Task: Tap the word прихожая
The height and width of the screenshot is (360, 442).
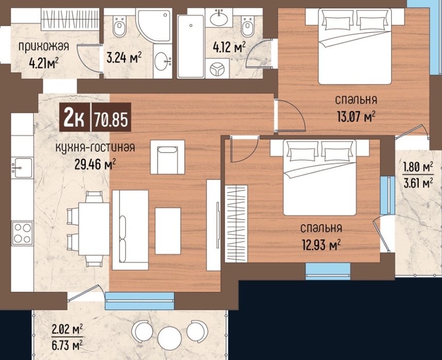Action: [x=44, y=46]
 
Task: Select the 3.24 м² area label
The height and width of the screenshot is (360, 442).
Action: [x=124, y=58]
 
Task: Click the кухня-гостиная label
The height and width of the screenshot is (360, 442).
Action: [x=95, y=147]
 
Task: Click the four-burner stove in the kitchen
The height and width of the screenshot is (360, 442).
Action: [x=22, y=233]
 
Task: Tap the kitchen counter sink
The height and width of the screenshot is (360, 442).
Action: [x=22, y=167]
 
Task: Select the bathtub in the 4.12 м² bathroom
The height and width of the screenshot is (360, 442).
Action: [x=190, y=46]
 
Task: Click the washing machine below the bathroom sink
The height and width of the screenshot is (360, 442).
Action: [x=217, y=68]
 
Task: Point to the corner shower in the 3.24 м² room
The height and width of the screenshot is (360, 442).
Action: [x=154, y=25]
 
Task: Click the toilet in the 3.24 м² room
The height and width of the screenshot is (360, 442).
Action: [x=119, y=26]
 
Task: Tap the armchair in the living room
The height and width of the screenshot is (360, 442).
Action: [x=167, y=157]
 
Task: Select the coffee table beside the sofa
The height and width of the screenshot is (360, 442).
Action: [x=168, y=231]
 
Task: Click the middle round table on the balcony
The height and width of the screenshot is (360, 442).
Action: [x=169, y=338]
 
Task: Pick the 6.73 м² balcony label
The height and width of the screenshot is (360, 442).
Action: [x=67, y=345]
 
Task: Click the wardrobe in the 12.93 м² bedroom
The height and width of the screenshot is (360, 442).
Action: [x=236, y=224]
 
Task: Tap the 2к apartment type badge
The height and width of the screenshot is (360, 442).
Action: [x=75, y=117]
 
